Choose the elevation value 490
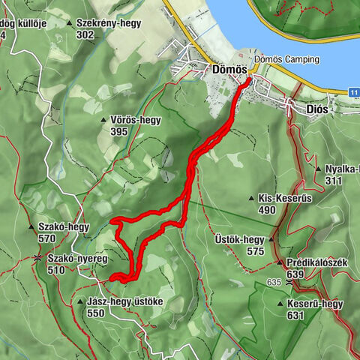268,210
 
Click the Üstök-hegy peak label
234,240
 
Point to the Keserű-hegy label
315,304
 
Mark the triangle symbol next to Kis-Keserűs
251,198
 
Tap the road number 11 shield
353,91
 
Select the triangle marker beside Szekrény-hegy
70,23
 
